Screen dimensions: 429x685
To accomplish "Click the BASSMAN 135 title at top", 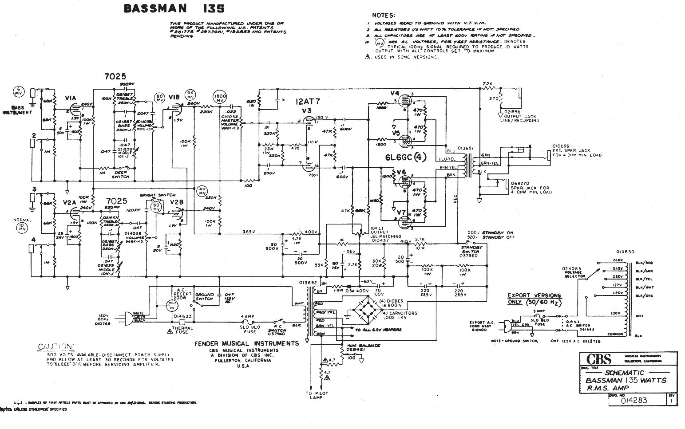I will (174, 8).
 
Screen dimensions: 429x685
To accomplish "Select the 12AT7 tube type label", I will (309, 102).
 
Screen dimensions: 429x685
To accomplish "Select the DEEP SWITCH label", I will (121, 174).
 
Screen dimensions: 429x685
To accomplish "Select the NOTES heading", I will (384, 16).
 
